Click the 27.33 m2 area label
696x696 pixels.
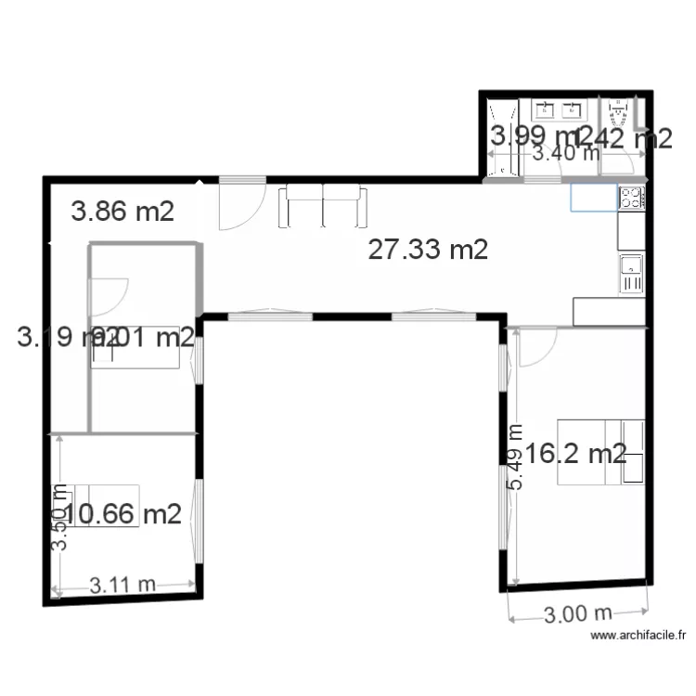click(428, 249)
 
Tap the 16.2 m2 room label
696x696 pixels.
click(576, 454)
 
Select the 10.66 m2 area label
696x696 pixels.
click(123, 513)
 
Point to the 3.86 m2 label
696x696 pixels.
click(122, 212)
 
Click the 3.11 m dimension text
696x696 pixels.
click(123, 585)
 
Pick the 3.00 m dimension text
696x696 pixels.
click(577, 613)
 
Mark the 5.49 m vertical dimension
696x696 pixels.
click(514, 457)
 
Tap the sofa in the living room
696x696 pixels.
click(322, 205)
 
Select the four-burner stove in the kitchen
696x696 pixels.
click(631, 198)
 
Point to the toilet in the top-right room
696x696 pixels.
click(619, 116)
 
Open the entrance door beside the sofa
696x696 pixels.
click(236, 204)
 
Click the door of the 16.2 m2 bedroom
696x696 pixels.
click(535, 346)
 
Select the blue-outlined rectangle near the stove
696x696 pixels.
click(594, 198)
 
